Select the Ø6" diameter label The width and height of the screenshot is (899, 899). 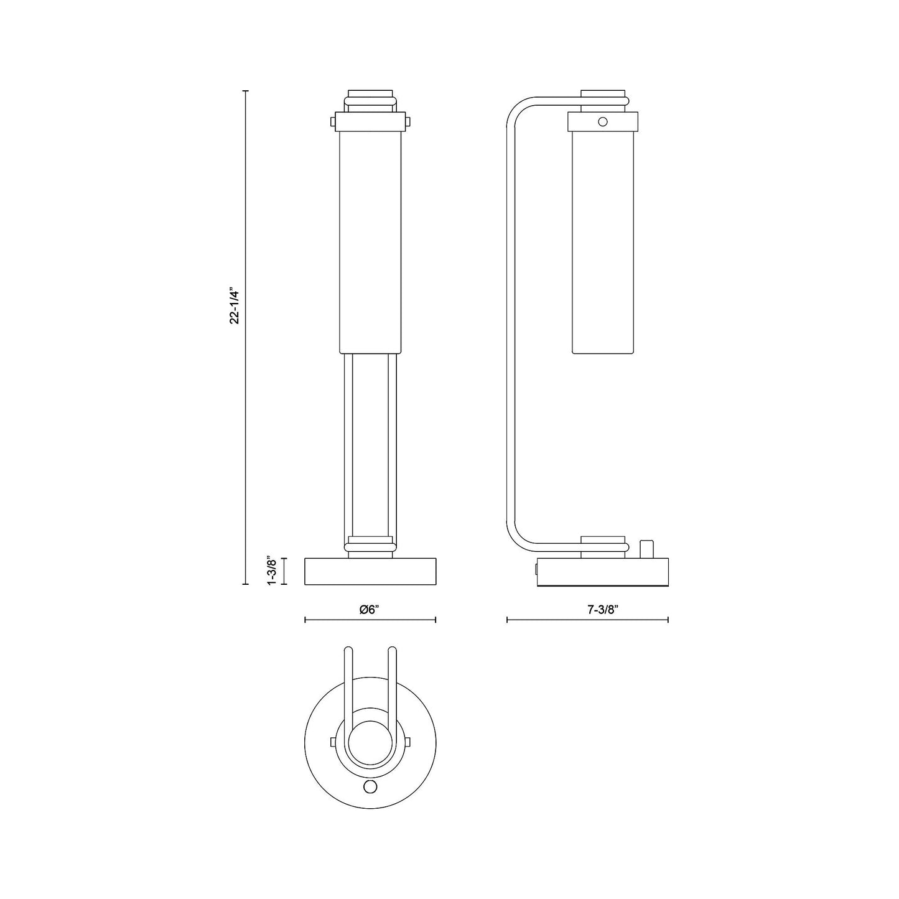pos(370,610)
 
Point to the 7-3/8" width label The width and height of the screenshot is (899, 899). pos(602,610)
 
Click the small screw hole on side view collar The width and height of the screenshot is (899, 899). pos(602,122)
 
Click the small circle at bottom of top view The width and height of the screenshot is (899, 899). pos(370,787)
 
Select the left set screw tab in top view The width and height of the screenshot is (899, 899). pos(332,742)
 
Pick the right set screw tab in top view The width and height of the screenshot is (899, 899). pos(408,742)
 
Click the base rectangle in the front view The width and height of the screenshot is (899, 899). pos(370,572)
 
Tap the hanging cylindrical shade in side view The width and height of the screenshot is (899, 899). pos(602,243)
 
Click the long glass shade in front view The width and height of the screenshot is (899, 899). pos(370,243)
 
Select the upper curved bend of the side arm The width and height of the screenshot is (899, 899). pos(520,109)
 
